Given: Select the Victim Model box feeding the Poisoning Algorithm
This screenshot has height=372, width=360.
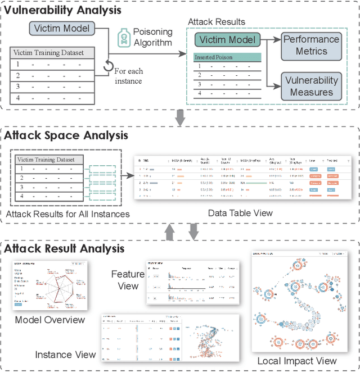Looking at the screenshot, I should (61, 29).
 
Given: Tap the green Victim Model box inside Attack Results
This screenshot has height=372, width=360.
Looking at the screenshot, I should (228, 40).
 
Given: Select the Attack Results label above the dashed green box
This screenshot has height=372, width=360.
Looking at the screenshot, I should (217, 21).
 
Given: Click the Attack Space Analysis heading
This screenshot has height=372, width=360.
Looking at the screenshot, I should (66, 135).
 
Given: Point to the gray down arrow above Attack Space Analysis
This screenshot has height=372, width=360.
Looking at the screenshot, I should (181, 117).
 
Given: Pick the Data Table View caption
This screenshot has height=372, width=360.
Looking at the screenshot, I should (240, 213).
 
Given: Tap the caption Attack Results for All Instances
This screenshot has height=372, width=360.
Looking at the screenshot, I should (67, 214).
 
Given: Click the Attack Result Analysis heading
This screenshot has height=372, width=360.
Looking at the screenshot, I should (65, 248).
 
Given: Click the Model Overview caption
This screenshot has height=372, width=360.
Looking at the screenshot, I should (50, 320).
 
